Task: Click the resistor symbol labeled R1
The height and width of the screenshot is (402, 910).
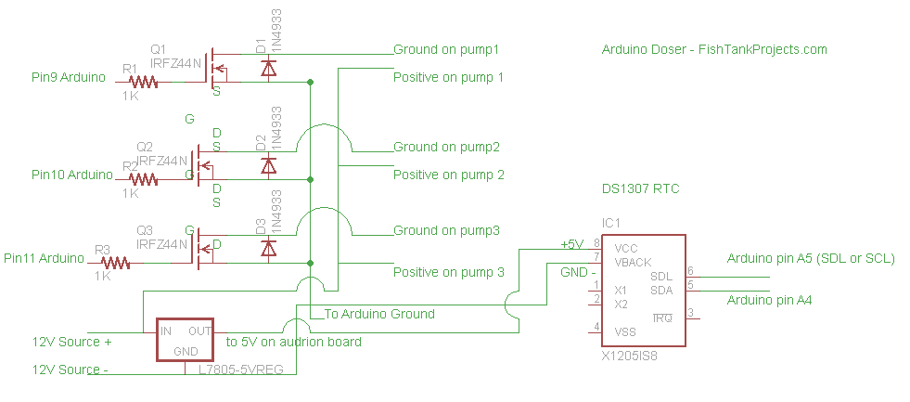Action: pos(145,82)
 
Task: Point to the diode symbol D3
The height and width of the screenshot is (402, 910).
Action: pos(269,248)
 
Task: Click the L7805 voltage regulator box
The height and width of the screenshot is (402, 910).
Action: pos(186,341)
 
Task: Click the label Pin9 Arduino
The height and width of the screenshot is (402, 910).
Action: pos(69,77)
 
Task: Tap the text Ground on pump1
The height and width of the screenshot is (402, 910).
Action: pos(447,49)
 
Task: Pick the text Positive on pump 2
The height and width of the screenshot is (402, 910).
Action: pos(449,175)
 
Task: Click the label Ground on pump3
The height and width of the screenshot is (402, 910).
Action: pos(447,230)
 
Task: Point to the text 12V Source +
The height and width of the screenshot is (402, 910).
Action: pos(72,342)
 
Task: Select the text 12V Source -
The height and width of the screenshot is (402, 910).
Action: pos(70,370)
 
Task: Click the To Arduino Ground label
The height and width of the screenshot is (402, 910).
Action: pos(379,314)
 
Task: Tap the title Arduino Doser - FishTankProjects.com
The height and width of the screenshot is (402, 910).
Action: pos(714,49)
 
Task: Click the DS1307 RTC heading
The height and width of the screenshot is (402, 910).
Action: pos(641,188)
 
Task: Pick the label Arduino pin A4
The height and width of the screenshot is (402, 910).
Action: pos(770,300)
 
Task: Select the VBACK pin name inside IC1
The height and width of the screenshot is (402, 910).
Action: pos(633,263)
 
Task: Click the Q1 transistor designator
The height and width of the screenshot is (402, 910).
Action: pos(158,49)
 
